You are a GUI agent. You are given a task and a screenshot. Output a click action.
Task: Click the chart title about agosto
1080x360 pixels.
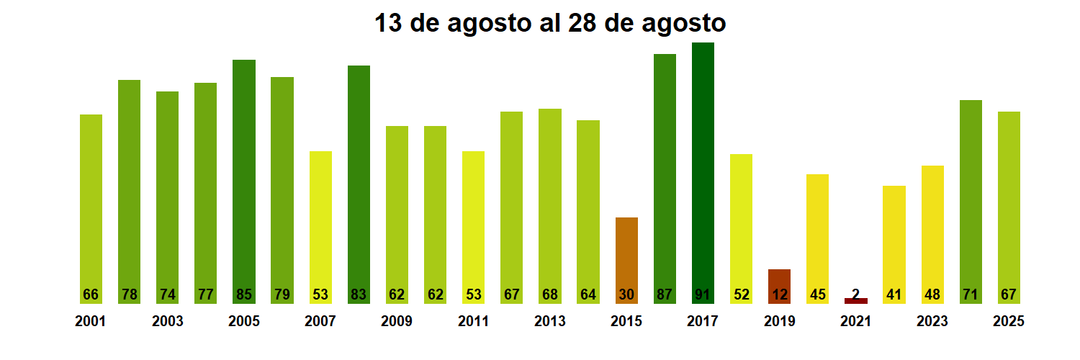coord(550,23)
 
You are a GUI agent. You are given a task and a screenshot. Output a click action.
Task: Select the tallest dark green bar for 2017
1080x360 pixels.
coord(703,173)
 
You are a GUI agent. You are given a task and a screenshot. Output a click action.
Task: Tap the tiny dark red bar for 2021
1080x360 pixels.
coord(856,301)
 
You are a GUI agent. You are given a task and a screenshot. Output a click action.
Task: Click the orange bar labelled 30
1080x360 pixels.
coord(626,259)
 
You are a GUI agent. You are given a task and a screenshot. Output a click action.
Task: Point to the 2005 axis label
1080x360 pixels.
coord(244,322)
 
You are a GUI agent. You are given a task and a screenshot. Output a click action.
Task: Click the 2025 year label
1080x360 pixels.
coord(1008,322)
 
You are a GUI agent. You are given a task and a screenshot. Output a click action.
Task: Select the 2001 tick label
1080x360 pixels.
coord(91,322)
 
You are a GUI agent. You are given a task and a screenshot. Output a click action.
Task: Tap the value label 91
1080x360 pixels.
coord(703,294)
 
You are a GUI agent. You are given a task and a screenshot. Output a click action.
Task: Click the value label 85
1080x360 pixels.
coord(244,294)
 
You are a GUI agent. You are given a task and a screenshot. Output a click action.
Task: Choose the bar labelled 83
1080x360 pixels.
coord(359,184)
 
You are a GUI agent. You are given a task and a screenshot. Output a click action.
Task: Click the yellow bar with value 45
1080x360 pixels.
coord(817,238)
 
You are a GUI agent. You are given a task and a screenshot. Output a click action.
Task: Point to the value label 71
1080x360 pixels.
coord(971,294)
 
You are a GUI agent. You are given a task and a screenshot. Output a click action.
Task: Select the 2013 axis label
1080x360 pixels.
coord(550,322)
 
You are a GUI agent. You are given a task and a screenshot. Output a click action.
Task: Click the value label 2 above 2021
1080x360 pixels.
coord(856,293)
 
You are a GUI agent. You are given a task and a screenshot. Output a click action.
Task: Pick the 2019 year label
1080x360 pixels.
coord(779,322)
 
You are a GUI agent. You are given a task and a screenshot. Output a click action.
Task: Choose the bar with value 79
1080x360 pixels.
coord(282,190)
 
